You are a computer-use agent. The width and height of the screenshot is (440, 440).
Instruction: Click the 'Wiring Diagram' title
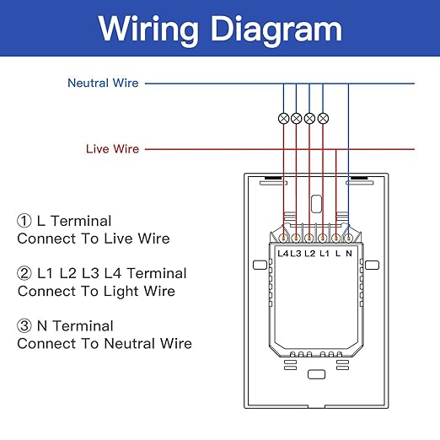click(x=220, y=30)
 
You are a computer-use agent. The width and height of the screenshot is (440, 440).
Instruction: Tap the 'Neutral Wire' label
click(x=103, y=83)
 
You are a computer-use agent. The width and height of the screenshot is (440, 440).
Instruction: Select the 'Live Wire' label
click(x=112, y=149)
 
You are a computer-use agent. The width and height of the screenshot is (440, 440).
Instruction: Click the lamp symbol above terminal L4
click(x=283, y=118)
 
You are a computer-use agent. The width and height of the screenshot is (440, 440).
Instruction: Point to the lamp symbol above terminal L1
click(x=323, y=118)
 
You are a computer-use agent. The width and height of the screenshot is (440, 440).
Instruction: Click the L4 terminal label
click(x=283, y=254)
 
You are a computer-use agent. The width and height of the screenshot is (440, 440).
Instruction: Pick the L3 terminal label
click(x=296, y=254)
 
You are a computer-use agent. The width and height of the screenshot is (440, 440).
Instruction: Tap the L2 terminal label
click(x=310, y=254)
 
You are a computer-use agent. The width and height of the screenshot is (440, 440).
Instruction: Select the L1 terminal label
click(x=325, y=254)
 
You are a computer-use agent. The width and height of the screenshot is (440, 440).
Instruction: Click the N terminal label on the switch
click(x=349, y=254)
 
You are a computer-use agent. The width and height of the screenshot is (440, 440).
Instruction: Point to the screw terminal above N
click(x=348, y=239)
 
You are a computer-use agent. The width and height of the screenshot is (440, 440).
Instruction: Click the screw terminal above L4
click(x=283, y=239)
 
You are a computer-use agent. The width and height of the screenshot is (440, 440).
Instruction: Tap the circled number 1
click(x=24, y=221)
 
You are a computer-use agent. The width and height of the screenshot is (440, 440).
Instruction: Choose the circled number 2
click(x=24, y=273)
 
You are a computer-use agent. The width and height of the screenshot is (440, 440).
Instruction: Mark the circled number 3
click(x=24, y=326)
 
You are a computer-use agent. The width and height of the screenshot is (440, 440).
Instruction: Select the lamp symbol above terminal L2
click(x=309, y=118)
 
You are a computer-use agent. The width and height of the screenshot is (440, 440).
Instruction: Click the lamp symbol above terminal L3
click(x=297, y=118)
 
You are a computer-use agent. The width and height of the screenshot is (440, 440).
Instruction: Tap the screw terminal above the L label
click(x=335, y=239)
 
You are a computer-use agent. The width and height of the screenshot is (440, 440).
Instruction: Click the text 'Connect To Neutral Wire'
click(x=105, y=344)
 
